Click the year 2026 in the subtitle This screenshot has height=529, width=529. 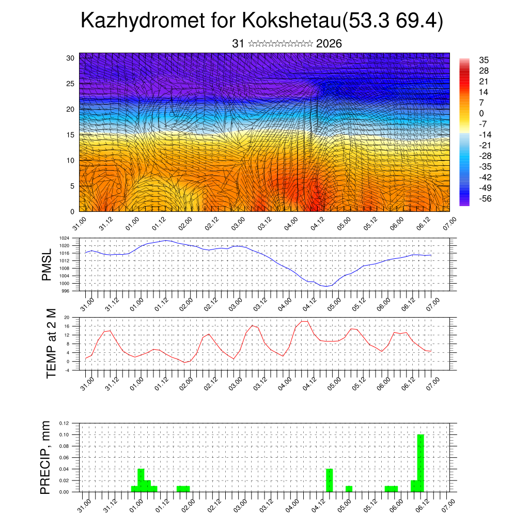click(329, 43)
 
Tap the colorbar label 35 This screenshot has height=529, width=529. click(484, 60)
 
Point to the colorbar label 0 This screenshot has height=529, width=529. click(482, 113)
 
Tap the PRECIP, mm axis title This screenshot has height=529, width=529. click(47, 457)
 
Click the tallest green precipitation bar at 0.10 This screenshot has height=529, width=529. click(421, 463)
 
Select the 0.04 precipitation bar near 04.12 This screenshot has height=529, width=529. click(330, 480)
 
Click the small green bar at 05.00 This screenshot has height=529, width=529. click(349, 489)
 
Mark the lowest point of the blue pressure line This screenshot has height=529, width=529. click(326, 286)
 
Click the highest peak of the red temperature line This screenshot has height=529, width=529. click(304, 321)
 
